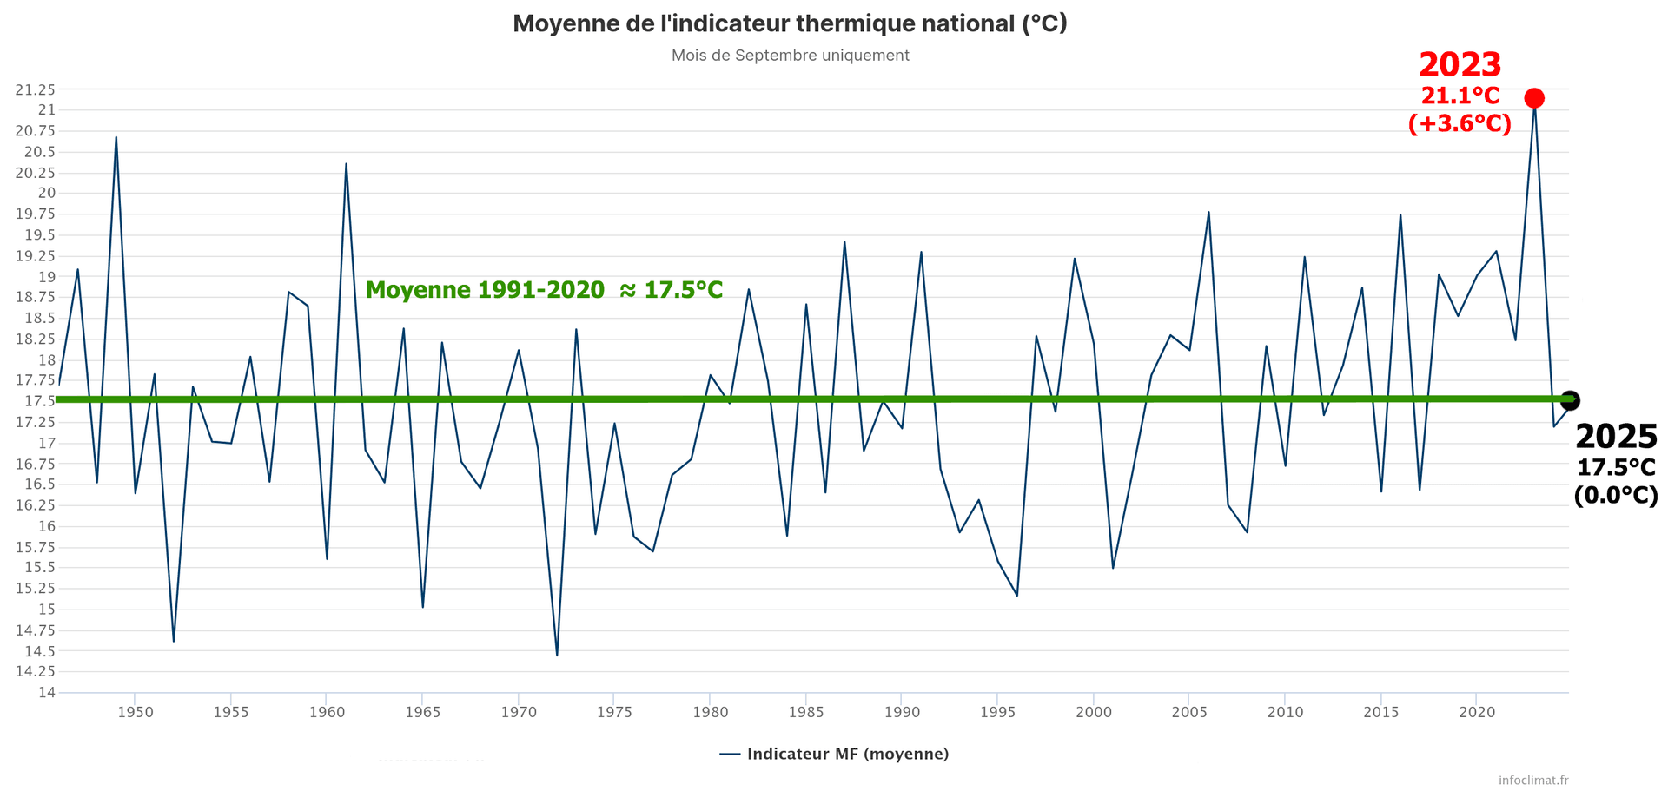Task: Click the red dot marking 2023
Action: pos(1534,98)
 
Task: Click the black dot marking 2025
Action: pos(1569,400)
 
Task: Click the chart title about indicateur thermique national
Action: pos(790,23)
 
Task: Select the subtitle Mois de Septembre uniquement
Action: pos(790,56)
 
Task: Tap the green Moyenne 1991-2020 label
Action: pos(544,290)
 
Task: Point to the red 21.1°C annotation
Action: pos(1460,96)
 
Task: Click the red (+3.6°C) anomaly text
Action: pos(1459,123)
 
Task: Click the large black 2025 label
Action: pos(1616,436)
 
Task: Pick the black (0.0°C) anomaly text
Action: pos(1616,495)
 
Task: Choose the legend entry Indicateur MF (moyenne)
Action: pos(835,754)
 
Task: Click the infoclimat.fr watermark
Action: pos(1533,780)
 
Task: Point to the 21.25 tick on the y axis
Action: pos(35,89)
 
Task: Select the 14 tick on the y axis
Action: pos(46,692)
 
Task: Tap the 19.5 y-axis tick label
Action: pos(39,235)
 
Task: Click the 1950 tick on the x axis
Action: pos(135,712)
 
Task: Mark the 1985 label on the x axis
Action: pos(806,712)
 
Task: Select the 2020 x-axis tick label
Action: pos(1477,712)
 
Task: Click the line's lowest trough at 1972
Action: pos(557,655)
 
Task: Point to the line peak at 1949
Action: pos(116,137)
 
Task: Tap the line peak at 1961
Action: pos(346,164)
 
